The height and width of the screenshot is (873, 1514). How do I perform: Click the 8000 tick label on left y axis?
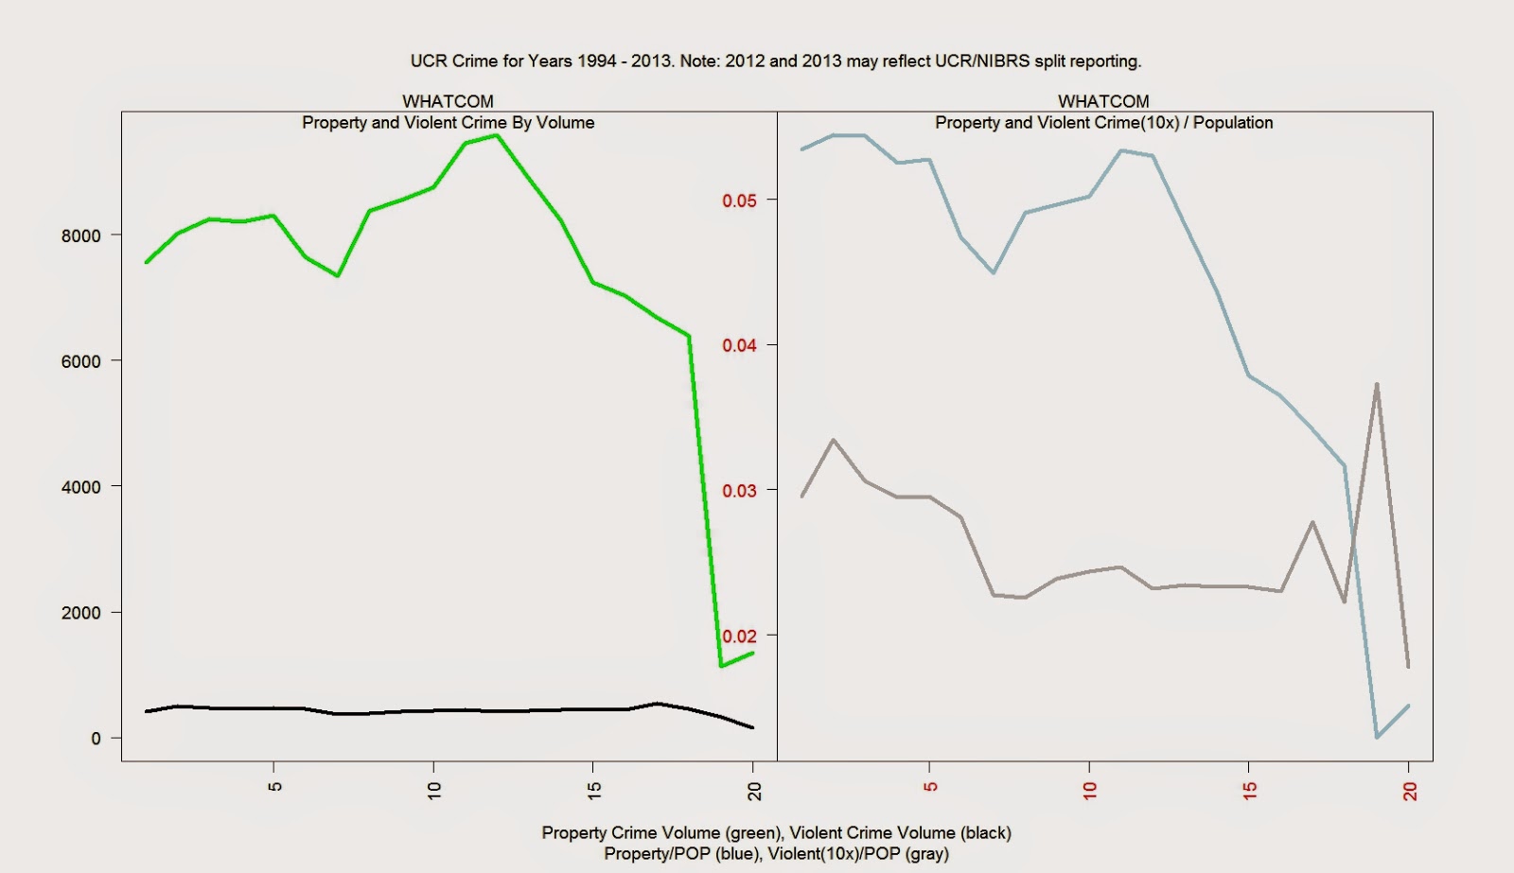[x=80, y=236]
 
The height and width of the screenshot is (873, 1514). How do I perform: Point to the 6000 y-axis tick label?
[x=80, y=361]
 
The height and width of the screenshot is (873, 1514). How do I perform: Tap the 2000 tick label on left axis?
[x=80, y=613]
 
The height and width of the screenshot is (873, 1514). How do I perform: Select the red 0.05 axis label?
[x=739, y=201]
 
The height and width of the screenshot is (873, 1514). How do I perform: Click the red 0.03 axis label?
[x=739, y=491]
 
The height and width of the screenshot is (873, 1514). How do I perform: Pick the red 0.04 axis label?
[x=739, y=345]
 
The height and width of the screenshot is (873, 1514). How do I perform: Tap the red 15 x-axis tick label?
[x=1250, y=791]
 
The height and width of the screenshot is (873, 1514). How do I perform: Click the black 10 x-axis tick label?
[x=434, y=791]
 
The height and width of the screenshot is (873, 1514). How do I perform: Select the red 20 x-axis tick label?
[x=1410, y=791]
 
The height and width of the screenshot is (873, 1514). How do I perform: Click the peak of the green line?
[x=497, y=135]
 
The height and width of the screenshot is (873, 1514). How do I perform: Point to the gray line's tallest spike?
[x=1377, y=384]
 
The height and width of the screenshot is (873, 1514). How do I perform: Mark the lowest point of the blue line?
[x=1377, y=737]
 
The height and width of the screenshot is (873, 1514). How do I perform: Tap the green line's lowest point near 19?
[x=721, y=666]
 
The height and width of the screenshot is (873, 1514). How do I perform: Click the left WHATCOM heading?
[x=448, y=101]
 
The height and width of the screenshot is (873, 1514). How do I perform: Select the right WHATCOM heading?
[x=1103, y=101]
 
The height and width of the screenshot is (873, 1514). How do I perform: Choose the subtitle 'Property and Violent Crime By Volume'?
[x=448, y=123]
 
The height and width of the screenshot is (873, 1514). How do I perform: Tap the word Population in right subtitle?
[x=1233, y=123]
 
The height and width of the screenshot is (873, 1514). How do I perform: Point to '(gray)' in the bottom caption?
[x=926, y=854]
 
